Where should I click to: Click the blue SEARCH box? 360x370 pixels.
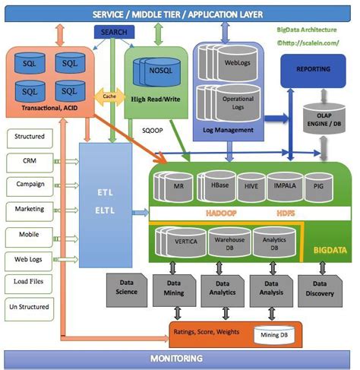[x=113, y=33]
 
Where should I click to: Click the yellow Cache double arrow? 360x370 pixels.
[x=109, y=97]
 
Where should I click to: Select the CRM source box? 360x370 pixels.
[x=29, y=161]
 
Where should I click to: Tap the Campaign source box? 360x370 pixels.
[x=29, y=185]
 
